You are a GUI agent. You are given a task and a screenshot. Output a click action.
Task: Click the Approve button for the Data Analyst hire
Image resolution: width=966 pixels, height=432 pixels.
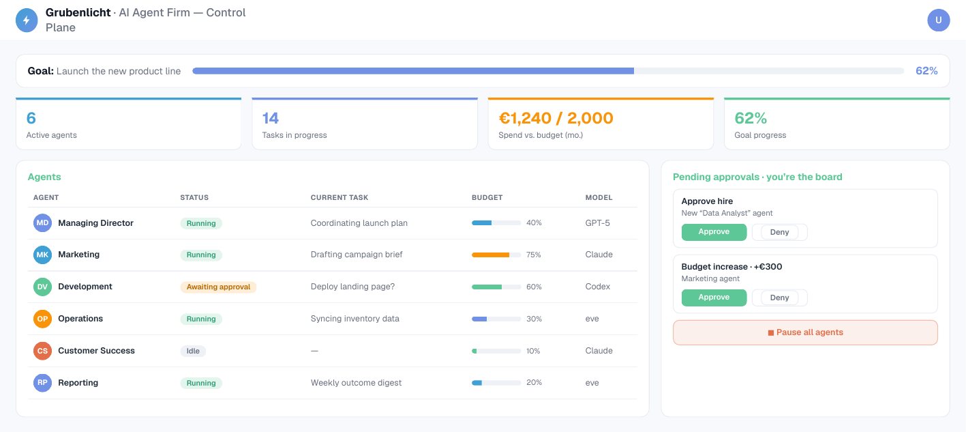point(714,232)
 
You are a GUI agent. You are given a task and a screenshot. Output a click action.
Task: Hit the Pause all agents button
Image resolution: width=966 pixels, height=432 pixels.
point(805,332)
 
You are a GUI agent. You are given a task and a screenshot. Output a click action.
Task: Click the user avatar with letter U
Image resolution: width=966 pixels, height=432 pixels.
point(939,20)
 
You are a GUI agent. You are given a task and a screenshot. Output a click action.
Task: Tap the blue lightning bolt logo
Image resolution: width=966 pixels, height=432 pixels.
point(27,20)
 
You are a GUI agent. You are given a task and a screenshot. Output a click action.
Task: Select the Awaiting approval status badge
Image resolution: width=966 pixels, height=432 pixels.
point(218,287)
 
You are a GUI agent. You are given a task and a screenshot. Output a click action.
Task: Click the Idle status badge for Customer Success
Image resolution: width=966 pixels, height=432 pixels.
point(193,351)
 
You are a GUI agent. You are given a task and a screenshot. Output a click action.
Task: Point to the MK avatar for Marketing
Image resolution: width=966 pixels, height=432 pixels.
point(42,255)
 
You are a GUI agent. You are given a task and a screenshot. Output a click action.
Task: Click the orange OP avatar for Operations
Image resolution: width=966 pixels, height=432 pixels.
point(42,319)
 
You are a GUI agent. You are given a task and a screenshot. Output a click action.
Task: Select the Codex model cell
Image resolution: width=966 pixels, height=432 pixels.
point(597,287)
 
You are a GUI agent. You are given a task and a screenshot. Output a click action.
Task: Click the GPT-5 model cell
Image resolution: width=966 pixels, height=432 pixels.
point(597,222)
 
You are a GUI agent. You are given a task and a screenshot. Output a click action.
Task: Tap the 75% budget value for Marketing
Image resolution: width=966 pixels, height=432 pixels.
point(534,255)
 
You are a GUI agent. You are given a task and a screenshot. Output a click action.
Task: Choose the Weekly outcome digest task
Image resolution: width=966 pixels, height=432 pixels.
point(356,382)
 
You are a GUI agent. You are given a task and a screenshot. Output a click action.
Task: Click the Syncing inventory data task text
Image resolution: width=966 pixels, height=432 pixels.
point(355,319)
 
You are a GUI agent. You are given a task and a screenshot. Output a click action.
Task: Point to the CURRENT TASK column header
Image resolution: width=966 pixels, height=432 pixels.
point(339,197)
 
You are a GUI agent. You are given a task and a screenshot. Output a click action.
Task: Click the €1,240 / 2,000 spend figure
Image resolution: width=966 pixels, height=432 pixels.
point(556,118)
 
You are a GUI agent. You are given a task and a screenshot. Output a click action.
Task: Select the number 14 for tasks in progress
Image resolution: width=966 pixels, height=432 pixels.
point(271,118)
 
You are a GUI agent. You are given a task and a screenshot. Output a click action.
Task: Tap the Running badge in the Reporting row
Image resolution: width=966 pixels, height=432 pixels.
point(201,383)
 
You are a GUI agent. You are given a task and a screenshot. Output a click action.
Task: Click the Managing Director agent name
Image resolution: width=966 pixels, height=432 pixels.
point(95,222)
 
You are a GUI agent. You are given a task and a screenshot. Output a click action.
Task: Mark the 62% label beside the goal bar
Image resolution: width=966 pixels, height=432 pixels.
point(926,71)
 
